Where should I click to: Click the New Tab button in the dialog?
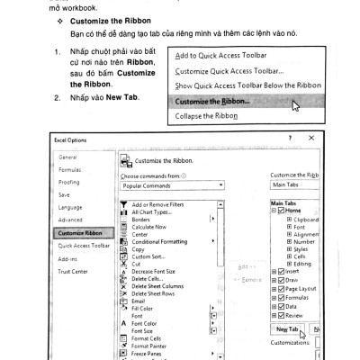tap(287, 329)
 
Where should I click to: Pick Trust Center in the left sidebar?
tap(74, 271)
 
